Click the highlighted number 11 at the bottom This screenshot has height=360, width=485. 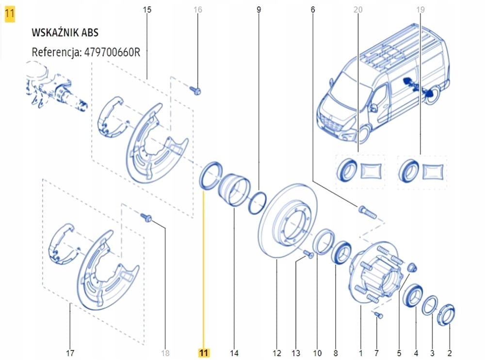click(204, 353)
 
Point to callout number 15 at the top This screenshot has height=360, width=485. click(147, 10)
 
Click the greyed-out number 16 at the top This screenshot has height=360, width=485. click(197, 10)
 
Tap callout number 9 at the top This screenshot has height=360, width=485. click(259, 10)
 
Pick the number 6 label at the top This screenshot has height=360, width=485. click(313, 10)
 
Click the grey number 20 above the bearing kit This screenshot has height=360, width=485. click(358, 10)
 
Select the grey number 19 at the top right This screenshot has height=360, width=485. click(420, 10)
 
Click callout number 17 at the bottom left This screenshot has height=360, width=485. click(70, 353)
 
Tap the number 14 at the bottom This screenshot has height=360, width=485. click(234, 353)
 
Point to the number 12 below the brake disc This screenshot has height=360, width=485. click(277, 353)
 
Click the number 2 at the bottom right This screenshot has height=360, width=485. click(450, 353)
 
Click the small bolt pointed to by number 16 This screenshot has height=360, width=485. click(196, 90)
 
